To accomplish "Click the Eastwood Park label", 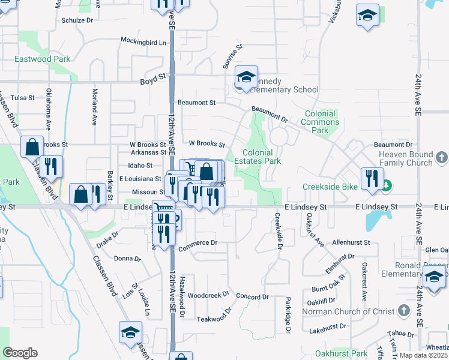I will tap(43, 59).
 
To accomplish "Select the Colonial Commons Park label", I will tap(322, 122).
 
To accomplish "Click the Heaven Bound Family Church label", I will tap(397, 158).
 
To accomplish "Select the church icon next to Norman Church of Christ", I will tap(404, 311).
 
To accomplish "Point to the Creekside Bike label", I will tap(330, 187).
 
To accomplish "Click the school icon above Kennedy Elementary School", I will tap(246, 77).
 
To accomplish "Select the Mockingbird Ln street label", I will tap(143, 42).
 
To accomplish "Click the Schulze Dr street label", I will tap(78, 20).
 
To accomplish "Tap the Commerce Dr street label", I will tap(197, 242).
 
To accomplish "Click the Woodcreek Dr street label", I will tap(208, 295).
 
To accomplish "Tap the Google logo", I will tap(20, 352).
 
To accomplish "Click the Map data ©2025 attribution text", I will tap(423, 355).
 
